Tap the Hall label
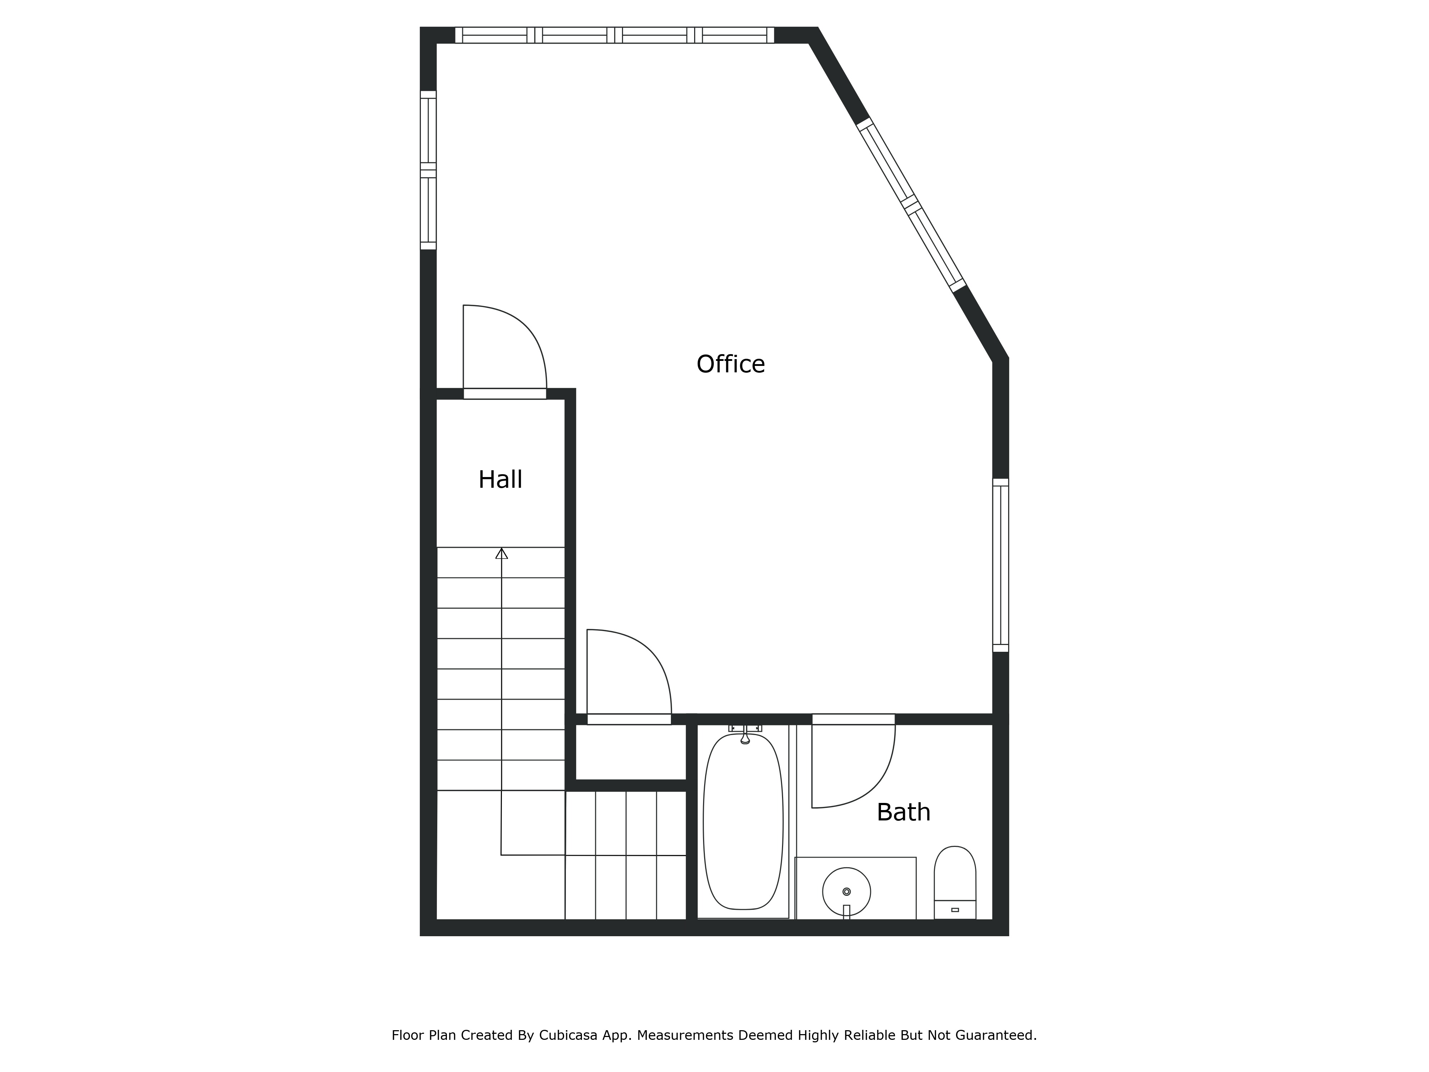coord(500,480)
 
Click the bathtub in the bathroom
coord(743,824)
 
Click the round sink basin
coord(846,892)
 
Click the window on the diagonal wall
coord(911,204)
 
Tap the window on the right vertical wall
coord(1000,565)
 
